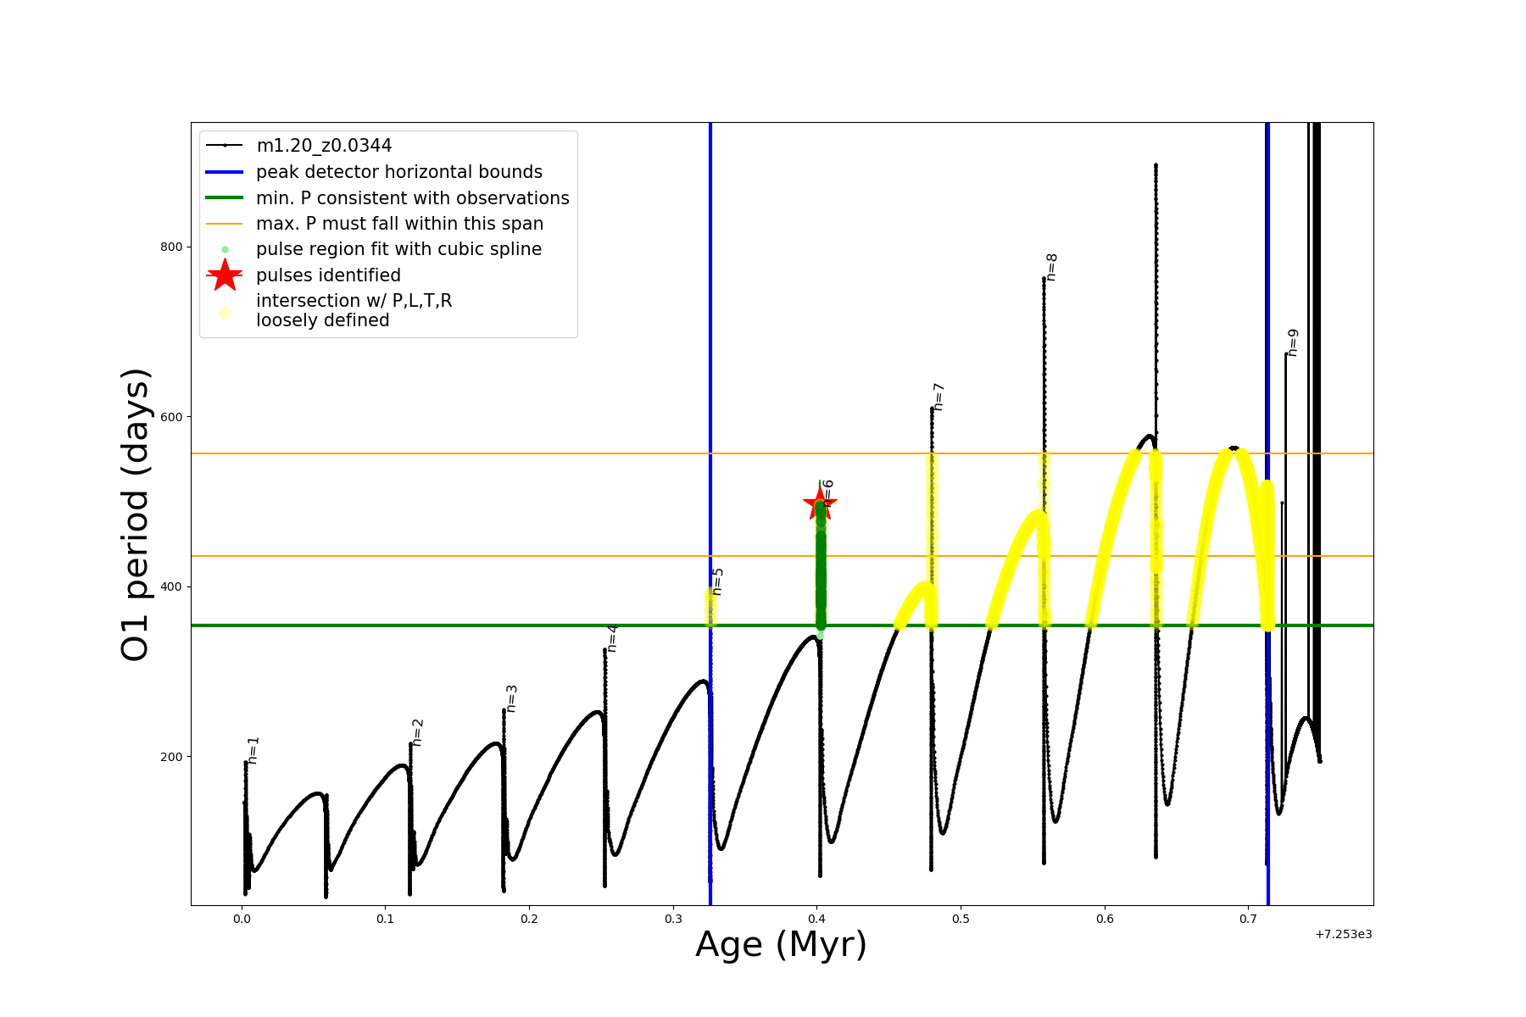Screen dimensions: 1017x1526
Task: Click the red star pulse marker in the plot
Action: pyautogui.click(x=819, y=504)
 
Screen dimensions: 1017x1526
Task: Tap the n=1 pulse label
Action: pyautogui.click(x=253, y=750)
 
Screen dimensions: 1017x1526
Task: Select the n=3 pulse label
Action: pyautogui.click(x=511, y=698)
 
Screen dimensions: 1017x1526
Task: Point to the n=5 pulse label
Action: pyautogui.click(x=717, y=581)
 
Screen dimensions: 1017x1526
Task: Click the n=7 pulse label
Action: pyautogui.click(x=938, y=397)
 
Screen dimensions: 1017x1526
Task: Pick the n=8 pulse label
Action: pyautogui.click(x=1051, y=267)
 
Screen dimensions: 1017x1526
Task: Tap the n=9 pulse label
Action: pyautogui.click(x=1292, y=342)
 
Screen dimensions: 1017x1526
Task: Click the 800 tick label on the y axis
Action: pyautogui.click(x=170, y=247)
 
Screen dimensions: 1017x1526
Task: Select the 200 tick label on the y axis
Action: pyautogui.click(x=170, y=757)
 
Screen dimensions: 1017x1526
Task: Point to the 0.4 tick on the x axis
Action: pyautogui.click(x=816, y=919)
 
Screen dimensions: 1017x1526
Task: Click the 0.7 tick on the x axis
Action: pyautogui.click(x=1248, y=919)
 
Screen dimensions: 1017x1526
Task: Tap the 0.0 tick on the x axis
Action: pyautogui.click(x=242, y=919)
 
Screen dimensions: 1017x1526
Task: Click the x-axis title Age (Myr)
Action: pyautogui.click(x=781, y=945)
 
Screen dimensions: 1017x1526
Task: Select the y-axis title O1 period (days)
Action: pyautogui.click(x=136, y=514)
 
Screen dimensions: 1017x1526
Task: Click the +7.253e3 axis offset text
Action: pyautogui.click(x=1343, y=934)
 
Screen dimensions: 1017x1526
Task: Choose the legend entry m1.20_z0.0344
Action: pyautogui.click(x=324, y=146)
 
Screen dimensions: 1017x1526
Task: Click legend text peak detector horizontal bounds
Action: pyautogui.click(x=398, y=172)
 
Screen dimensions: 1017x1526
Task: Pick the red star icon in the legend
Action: pyautogui.click(x=225, y=275)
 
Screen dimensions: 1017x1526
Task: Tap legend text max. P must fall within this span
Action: pyautogui.click(x=399, y=224)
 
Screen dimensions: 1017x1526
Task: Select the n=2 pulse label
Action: pyautogui.click(x=417, y=732)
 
